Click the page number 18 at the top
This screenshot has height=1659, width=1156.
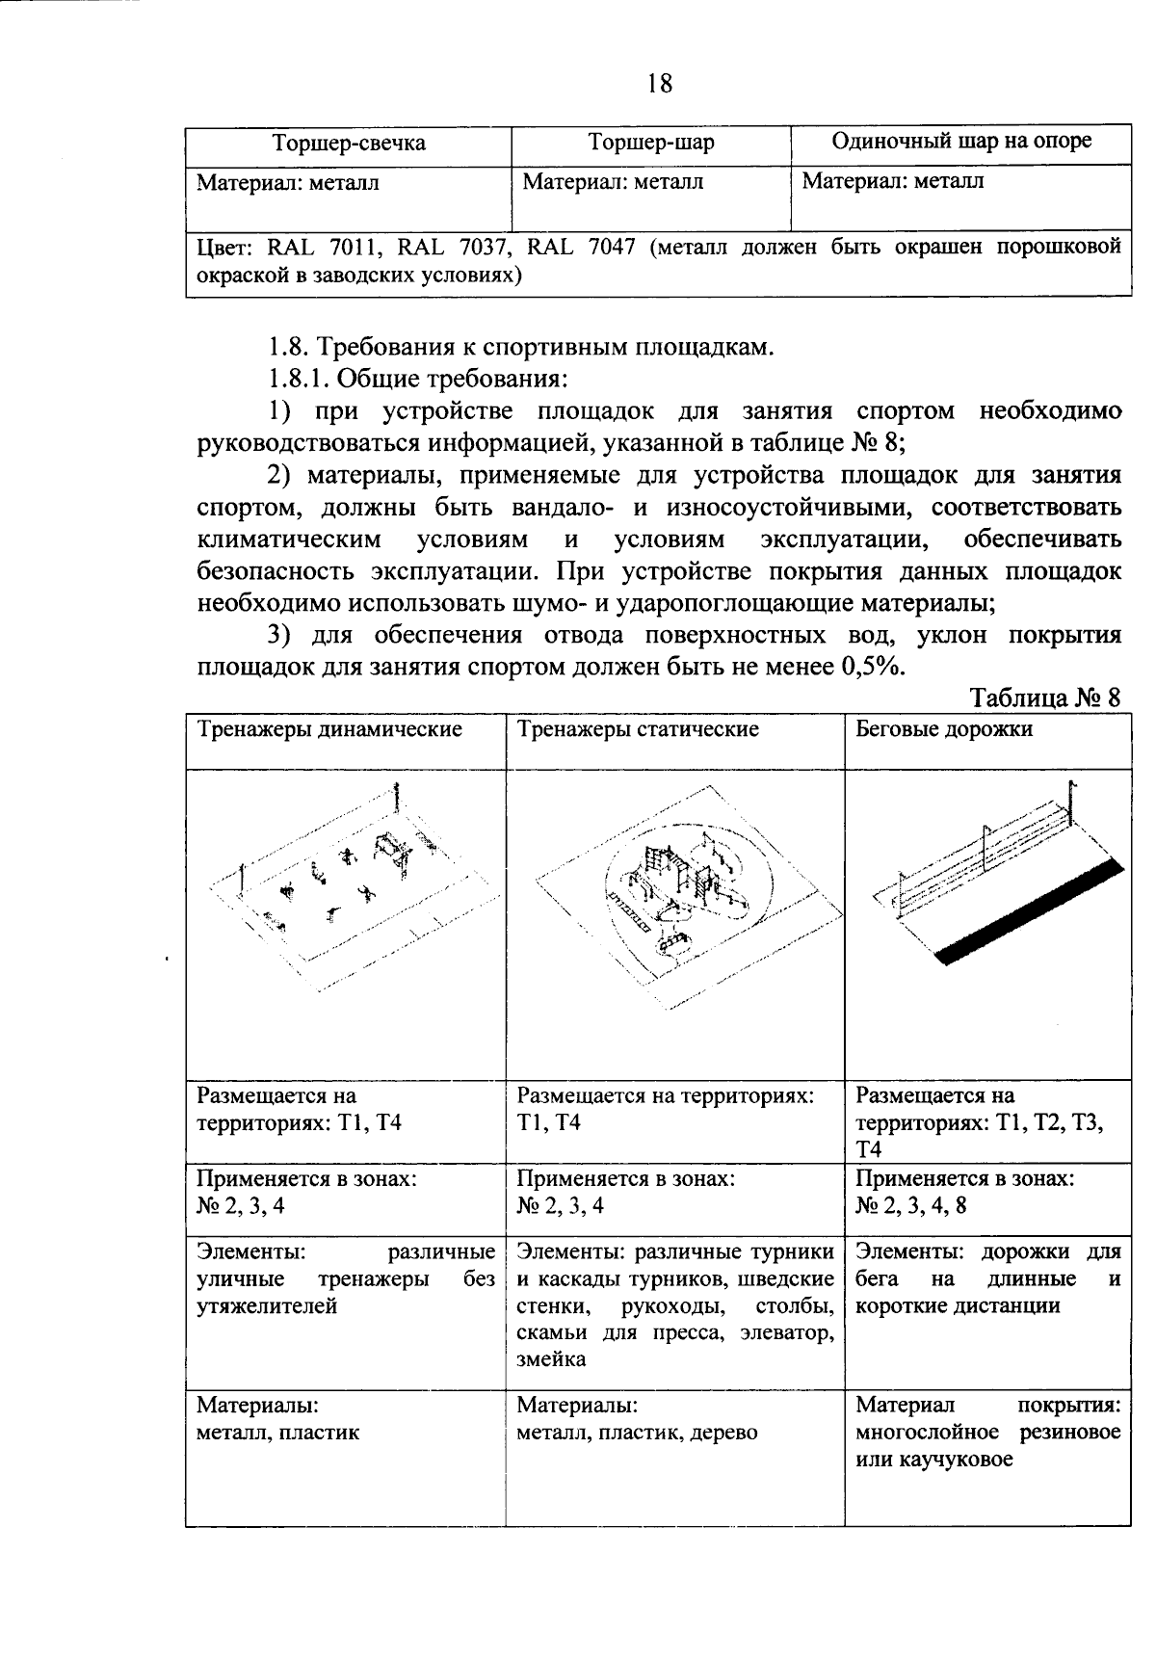(x=659, y=84)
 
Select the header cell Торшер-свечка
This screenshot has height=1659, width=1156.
(x=349, y=144)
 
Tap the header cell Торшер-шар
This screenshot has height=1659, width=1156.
(x=651, y=144)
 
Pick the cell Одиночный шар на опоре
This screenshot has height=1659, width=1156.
(x=960, y=142)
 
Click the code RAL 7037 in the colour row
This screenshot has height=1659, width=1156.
(x=432, y=248)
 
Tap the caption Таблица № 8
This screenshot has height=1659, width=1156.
(x=1045, y=698)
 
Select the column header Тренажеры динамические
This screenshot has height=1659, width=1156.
(x=329, y=729)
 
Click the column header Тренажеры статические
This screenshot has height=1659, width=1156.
(x=638, y=729)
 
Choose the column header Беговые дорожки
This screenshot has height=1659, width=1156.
(x=944, y=729)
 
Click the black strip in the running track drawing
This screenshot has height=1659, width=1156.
(x=1031, y=910)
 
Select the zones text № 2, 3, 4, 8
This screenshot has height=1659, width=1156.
(x=910, y=1206)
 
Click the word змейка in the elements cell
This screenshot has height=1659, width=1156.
(x=551, y=1359)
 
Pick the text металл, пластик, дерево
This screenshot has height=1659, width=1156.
(x=637, y=1433)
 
